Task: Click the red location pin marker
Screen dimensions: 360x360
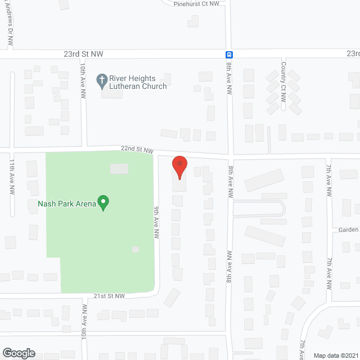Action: [x=179, y=168]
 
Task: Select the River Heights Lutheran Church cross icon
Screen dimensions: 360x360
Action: [x=102, y=82]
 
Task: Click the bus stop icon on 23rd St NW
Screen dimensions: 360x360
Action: [x=229, y=55]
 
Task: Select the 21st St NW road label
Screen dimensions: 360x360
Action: [x=108, y=296]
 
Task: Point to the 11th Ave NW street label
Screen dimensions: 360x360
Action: [x=12, y=176]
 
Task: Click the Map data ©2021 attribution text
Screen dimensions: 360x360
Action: [x=335, y=355]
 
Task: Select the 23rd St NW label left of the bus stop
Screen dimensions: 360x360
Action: [x=83, y=53]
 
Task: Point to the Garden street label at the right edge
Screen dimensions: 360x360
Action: [x=349, y=229]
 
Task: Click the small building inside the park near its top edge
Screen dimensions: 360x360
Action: [x=119, y=168]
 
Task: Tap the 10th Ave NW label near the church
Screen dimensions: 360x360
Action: [x=82, y=78]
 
